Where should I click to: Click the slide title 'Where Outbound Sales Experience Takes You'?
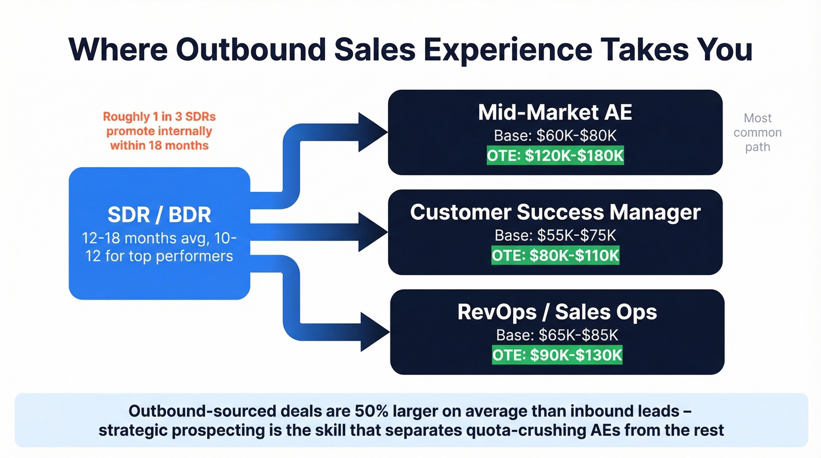point(410,49)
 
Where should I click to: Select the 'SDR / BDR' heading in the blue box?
point(159,215)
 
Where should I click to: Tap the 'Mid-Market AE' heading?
point(555,112)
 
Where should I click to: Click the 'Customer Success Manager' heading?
point(555,212)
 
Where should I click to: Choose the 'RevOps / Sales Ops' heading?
point(557,311)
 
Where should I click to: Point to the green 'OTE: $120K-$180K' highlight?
point(555,157)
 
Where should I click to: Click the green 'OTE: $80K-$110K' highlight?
point(555,256)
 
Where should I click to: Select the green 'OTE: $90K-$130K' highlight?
point(557,355)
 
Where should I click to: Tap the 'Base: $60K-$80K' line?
point(555,136)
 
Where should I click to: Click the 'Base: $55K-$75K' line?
point(555,235)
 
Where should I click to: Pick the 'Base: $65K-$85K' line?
point(557,335)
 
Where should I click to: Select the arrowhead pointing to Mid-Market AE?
point(372,130)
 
